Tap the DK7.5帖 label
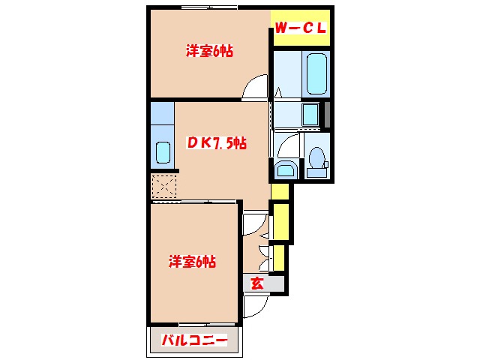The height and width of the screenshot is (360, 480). click(x=217, y=142)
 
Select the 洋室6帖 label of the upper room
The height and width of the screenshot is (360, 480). click(x=209, y=51)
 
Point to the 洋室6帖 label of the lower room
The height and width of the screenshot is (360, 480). click(x=192, y=262)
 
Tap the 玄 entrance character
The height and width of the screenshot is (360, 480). click(x=256, y=283)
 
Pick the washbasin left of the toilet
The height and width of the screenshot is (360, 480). click(x=285, y=169)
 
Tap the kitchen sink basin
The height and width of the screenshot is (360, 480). click(x=163, y=152)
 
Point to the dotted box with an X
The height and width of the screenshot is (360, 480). click(x=163, y=184)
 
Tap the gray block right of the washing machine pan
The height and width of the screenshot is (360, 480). click(x=326, y=114)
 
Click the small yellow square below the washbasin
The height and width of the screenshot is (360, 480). click(x=280, y=192)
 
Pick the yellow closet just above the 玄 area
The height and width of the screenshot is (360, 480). click(x=278, y=256)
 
